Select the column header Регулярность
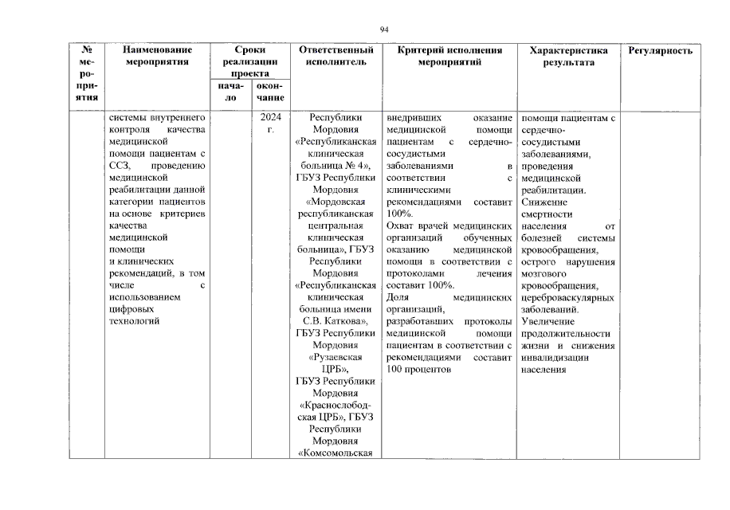660,50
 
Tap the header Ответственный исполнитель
336,56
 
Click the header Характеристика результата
568,56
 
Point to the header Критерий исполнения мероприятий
449,56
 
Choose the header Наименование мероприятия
156,56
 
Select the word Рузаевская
336,358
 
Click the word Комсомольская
336,453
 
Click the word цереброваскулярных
567,298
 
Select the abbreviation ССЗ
122,166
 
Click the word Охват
399,226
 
